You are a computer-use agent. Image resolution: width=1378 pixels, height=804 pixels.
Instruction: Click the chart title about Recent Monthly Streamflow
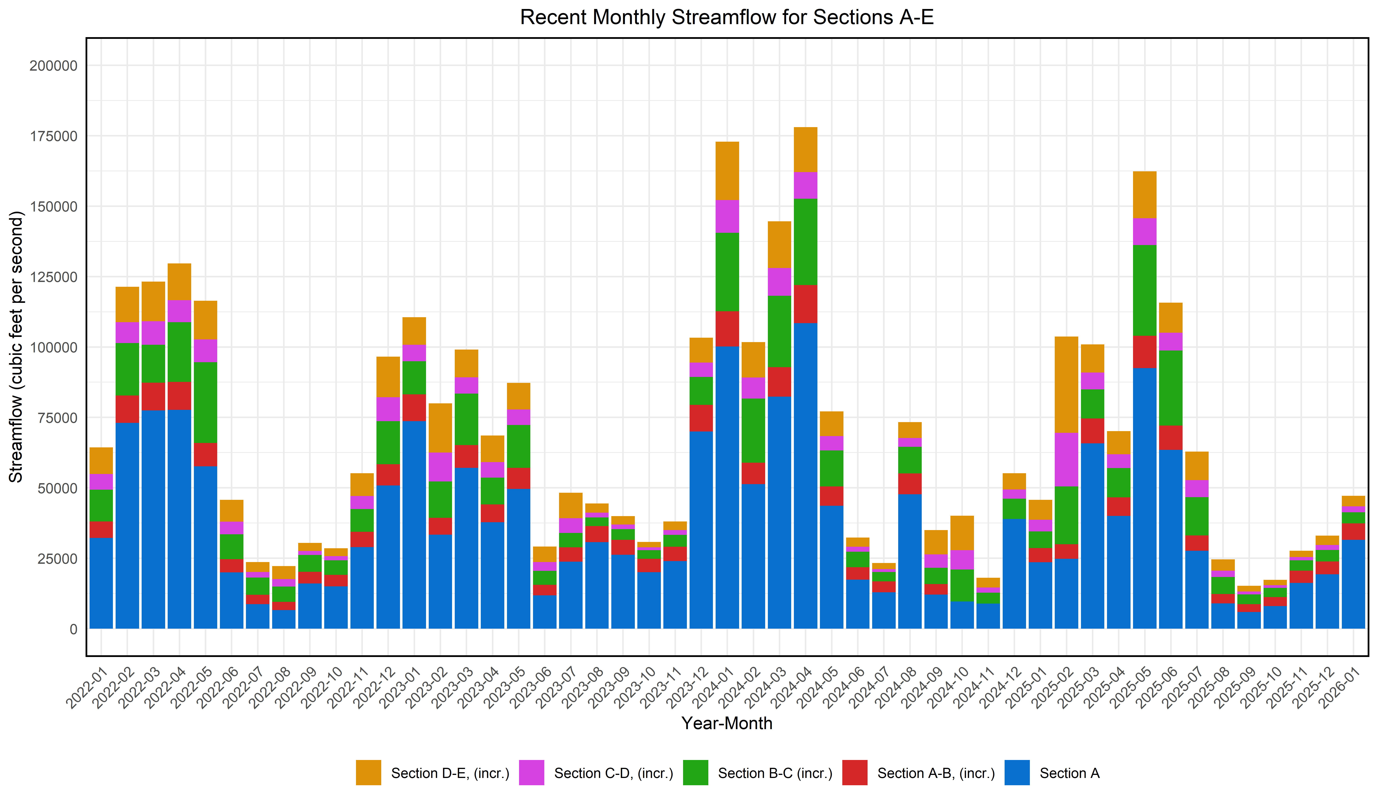pos(727,17)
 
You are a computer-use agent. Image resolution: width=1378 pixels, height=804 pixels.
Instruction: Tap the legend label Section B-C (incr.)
pos(775,773)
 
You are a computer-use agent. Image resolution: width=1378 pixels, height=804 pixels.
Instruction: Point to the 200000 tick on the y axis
pos(54,66)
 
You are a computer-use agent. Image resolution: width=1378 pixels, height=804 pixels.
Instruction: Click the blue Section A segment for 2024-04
pos(806,476)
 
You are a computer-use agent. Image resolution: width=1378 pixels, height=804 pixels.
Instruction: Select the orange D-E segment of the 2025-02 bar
pos(1066,385)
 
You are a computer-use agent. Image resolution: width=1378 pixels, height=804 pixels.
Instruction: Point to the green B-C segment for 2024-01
pos(727,272)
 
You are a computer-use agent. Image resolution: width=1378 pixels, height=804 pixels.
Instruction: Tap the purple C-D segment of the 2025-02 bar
pos(1066,459)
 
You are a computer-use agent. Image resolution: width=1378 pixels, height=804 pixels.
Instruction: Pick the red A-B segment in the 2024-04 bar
pos(806,304)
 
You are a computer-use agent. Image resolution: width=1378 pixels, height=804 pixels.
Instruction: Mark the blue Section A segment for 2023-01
pos(414,525)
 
